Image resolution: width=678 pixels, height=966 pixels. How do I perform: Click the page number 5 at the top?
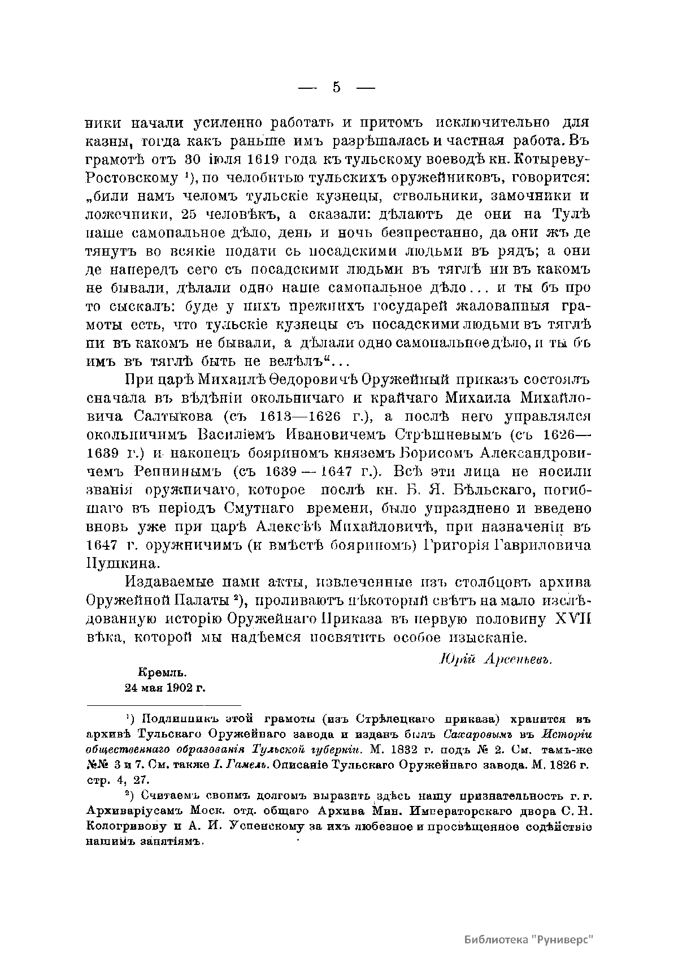tap(337, 87)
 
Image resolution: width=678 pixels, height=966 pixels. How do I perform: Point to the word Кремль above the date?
tap(162, 673)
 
